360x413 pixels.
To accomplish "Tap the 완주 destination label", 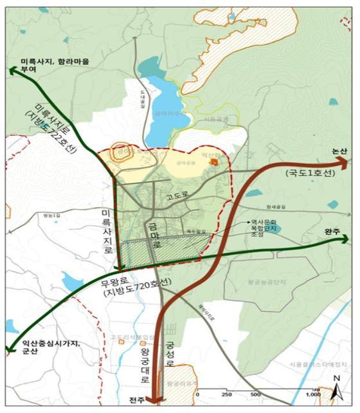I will point(334,230).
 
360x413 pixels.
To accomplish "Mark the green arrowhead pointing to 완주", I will point(345,239).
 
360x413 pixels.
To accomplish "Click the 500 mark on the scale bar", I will point(255,394).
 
